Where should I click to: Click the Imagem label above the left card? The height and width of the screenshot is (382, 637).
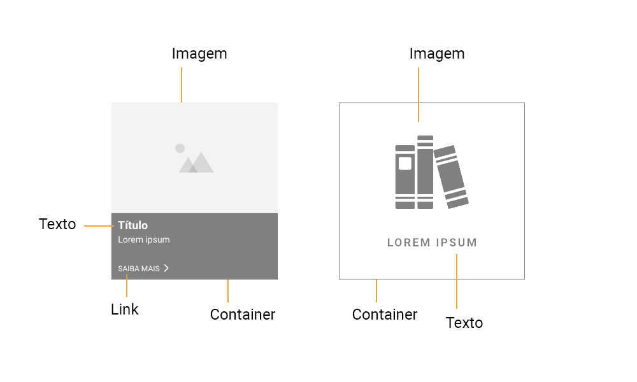pyautogui.click(x=199, y=54)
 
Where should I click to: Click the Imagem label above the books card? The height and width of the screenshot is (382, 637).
pyautogui.click(x=437, y=54)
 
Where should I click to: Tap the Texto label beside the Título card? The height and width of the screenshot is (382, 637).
pyautogui.click(x=57, y=224)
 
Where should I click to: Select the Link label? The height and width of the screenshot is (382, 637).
pyautogui.click(x=125, y=309)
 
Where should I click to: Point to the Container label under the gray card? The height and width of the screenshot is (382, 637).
pyautogui.click(x=243, y=315)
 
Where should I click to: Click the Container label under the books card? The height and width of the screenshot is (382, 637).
pyautogui.click(x=385, y=315)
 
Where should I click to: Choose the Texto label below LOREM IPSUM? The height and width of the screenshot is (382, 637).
pyautogui.click(x=464, y=323)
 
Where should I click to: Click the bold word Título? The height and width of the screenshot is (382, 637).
pyautogui.click(x=133, y=225)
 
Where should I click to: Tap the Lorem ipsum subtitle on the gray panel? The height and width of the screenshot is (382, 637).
pyautogui.click(x=144, y=239)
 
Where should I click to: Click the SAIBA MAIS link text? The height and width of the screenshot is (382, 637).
pyautogui.click(x=138, y=269)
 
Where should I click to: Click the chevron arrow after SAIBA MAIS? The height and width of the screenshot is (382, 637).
pyautogui.click(x=166, y=268)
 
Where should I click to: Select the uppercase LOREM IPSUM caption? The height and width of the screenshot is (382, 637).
pyautogui.click(x=433, y=243)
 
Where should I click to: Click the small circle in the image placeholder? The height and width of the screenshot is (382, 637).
pyautogui.click(x=180, y=148)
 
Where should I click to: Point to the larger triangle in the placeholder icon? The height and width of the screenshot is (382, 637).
pyautogui.click(x=201, y=162)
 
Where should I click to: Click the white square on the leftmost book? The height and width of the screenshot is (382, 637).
pyautogui.click(x=405, y=164)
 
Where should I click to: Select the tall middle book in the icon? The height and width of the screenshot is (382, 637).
pyautogui.click(x=426, y=172)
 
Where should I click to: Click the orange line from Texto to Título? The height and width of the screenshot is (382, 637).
pyautogui.click(x=99, y=226)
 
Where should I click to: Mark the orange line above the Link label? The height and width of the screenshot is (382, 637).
pyautogui.click(x=127, y=286)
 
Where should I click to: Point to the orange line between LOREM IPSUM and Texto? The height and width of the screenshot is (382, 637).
pyautogui.click(x=457, y=281)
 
